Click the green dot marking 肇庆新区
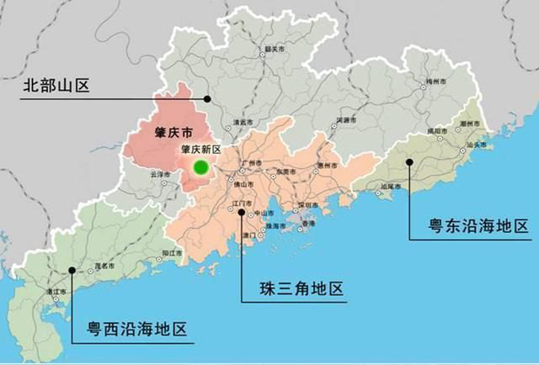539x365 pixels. (200, 167)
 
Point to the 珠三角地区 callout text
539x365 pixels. (302, 290)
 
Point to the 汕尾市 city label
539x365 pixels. (389, 187)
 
